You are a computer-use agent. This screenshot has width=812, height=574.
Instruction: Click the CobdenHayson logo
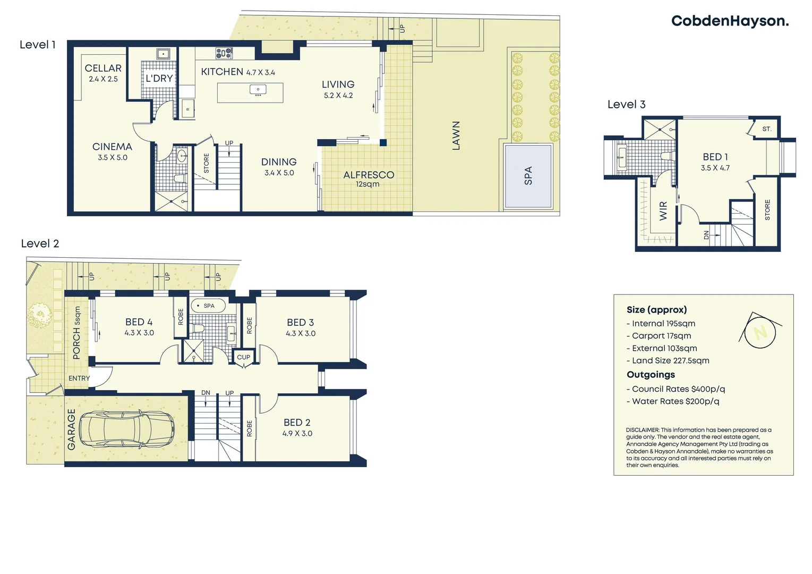729,21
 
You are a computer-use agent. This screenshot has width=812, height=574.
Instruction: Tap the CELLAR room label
103,69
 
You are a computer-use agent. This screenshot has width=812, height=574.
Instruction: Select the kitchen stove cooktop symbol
224,53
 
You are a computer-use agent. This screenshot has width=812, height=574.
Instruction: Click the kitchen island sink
258,90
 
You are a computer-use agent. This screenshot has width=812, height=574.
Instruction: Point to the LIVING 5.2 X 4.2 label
338,89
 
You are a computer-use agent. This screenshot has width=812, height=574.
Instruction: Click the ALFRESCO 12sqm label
369,179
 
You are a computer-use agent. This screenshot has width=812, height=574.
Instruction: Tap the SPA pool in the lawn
528,176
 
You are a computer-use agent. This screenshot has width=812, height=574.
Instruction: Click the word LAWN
456,136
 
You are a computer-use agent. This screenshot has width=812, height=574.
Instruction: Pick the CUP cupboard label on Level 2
244,357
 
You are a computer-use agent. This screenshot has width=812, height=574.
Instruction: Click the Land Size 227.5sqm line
670,361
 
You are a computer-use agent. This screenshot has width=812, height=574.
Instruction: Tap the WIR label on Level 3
663,211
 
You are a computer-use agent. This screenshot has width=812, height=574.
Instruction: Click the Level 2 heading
40,244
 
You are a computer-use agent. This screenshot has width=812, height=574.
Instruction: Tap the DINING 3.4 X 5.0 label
279,166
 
